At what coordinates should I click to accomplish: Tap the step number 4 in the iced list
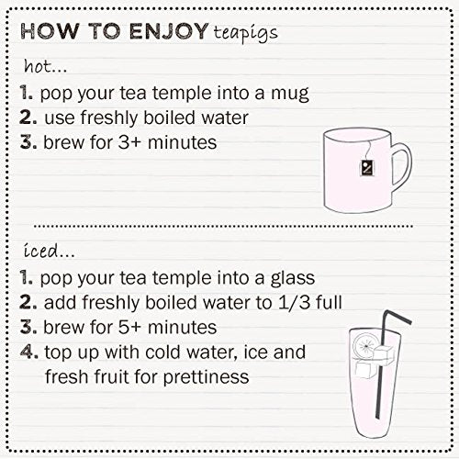(x=26, y=352)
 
